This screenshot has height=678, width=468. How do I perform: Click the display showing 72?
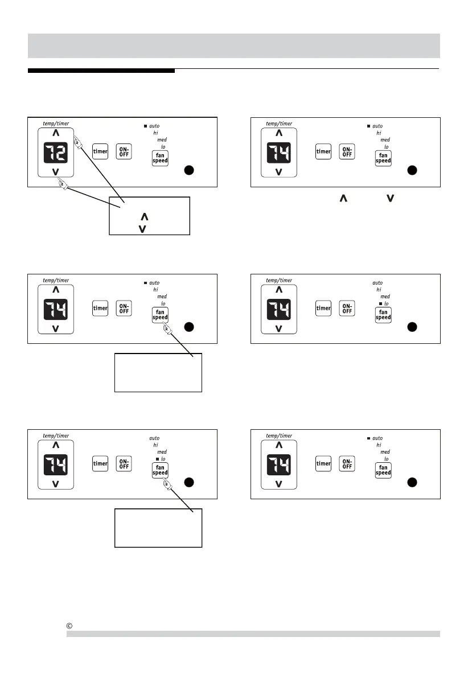[56, 152]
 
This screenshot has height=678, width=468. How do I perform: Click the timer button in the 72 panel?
[101, 151]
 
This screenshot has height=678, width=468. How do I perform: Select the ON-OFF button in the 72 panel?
[124, 151]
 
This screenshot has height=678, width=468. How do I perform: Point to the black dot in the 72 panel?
[190, 170]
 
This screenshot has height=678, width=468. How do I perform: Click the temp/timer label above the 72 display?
[55, 123]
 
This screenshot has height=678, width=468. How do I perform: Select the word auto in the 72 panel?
[154, 125]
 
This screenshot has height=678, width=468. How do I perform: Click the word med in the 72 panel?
[162, 139]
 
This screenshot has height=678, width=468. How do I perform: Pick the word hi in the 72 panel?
[155, 132]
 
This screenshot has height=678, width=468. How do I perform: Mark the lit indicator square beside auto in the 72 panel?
[145, 125]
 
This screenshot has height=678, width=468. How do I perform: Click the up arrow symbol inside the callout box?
[144, 217]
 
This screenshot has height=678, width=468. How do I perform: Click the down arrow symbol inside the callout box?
[142, 228]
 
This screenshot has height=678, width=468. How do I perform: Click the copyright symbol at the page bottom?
[69, 627]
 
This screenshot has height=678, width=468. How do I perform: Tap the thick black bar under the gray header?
[101, 71]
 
